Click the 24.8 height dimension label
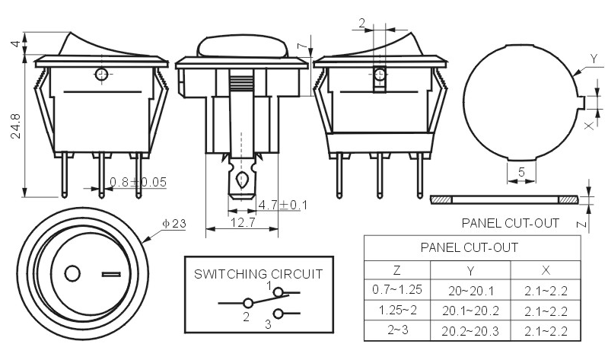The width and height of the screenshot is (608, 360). [15, 126]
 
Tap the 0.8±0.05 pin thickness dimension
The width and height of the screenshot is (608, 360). [138, 182]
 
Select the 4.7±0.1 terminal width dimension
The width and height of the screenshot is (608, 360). [282, 205]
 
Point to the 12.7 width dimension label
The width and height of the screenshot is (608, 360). [243, 222]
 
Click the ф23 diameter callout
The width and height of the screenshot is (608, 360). [174, 224]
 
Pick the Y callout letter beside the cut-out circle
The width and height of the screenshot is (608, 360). [594, 59]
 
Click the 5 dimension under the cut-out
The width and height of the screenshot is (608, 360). [521, 171]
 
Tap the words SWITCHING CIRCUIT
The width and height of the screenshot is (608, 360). [258, 274]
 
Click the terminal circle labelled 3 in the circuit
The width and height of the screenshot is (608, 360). [278, 314]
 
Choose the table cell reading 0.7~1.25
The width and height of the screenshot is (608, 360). [397, 289]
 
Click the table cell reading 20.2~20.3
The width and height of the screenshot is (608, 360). [470, 331]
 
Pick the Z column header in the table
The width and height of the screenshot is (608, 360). [396, 269]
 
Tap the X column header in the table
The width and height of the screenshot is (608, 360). [546, 270]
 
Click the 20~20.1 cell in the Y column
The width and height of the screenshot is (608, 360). [471, 291]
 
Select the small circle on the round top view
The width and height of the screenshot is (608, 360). [72, 274]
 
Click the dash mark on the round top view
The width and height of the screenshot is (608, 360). [111, 275]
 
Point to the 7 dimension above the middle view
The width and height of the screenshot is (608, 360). [301, 46]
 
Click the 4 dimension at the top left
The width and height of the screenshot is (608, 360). [15, 43]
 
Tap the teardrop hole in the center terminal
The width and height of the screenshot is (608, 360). [241, 180]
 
